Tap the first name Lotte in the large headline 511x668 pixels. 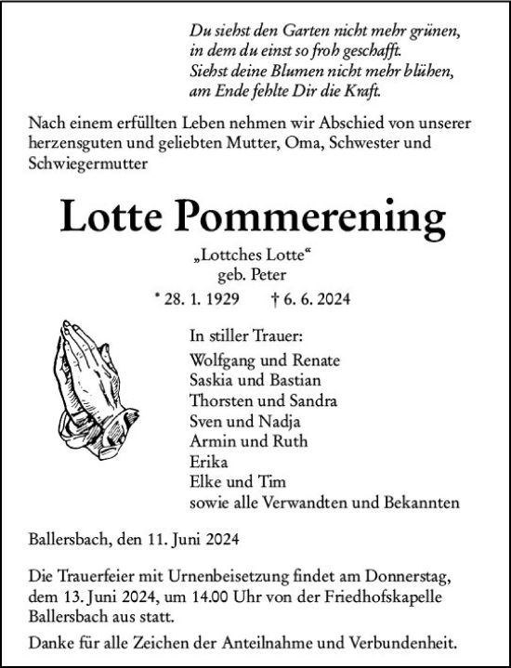[x=123, y=218]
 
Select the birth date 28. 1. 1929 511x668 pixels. [x=201, y=299]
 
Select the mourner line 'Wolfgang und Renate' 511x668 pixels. [x=264, y=360]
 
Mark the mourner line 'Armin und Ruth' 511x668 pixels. [x=248, y=441]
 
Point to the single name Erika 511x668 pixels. [x=208, y=462]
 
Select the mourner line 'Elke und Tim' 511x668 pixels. [x=237, y=482]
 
